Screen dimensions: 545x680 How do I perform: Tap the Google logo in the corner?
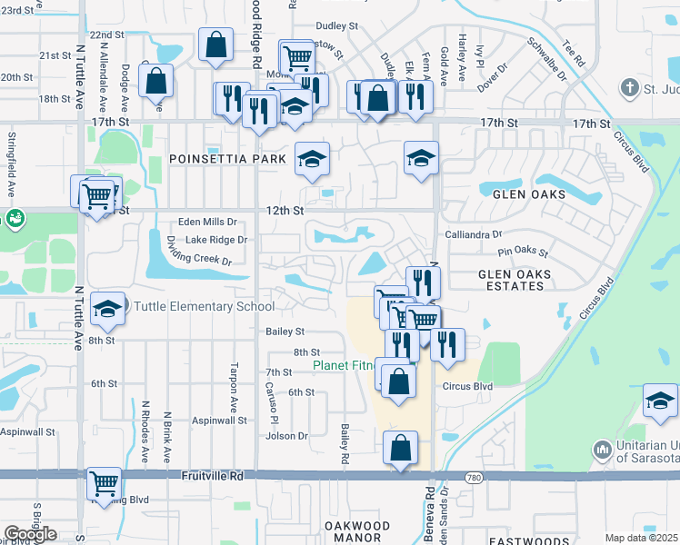click(x=30, y=534)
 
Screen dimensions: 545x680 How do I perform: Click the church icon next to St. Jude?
click(x=628, y=88)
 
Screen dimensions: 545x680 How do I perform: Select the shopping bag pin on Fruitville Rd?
click(x=400, y=449)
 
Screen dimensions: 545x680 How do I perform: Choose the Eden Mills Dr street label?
click(x=207, y=222)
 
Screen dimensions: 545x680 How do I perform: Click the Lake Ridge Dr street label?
click(x=215, y=240)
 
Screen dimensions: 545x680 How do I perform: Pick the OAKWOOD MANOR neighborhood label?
click(x=357, y=532)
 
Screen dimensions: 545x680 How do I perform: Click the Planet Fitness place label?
click(x=342, y=365)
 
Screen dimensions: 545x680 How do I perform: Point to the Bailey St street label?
click(x=285, y=332)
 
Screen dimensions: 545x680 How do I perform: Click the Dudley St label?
click(x=338, y=26)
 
